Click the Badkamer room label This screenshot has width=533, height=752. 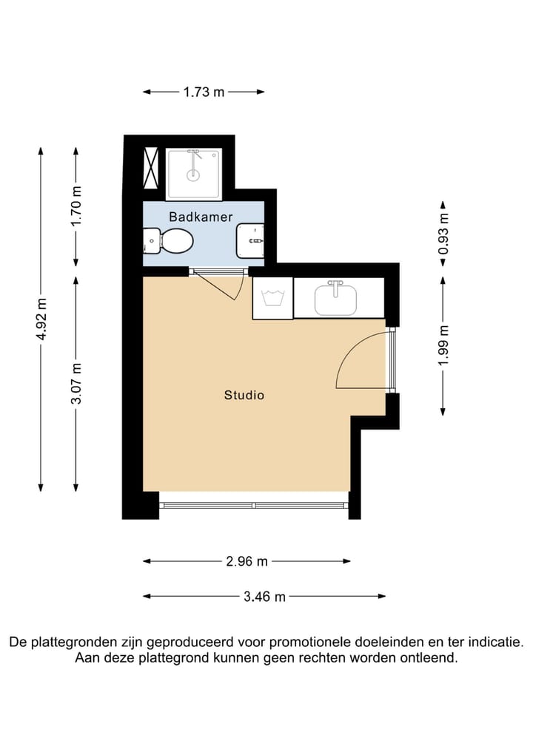(x=201, y=217)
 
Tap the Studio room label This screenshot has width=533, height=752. (x=244, y=396)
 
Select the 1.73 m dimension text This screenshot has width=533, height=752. (x=204, y=92)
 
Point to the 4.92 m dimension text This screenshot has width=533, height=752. (x=42, y=319)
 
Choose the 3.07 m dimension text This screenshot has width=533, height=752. (x=77, y=384)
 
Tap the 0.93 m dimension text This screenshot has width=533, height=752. (x=443, y=235)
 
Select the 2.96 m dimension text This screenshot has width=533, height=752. (x=247, y=561)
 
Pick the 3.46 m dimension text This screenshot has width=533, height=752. (x=264, y=597)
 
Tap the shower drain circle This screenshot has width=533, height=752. (x=193, y=175)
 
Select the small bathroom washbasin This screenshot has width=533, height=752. (x=250, y=240)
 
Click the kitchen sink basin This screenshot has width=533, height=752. (x=336, y=299)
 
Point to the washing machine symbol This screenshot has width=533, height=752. (x=272, y=299)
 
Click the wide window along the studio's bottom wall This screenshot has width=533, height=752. (x=253, y=506)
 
